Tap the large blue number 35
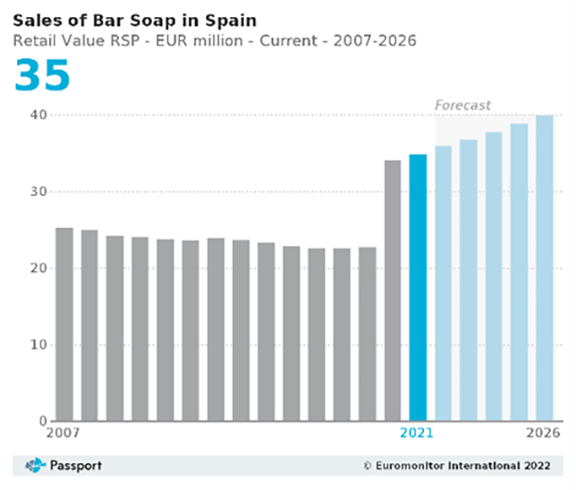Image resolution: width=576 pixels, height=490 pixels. tap(42, 76)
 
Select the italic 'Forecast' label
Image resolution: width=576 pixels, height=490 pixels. tap(462, 105)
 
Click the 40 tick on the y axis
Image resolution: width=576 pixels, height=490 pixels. tap(36, 115)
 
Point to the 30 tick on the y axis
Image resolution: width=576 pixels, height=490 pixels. tap(36, 192)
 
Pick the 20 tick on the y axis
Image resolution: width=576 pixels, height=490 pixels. tap(36, 269)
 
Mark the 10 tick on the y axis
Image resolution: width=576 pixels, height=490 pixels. tap(36, 345)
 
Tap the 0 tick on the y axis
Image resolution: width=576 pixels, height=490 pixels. tap(40, 422)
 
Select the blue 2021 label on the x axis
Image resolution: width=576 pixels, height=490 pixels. tap(416, 433)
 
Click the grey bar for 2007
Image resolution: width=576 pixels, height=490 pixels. tap(64, 324)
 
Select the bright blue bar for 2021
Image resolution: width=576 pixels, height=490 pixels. tap(417, 287)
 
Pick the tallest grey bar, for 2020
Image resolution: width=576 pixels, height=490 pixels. tap(393, 291)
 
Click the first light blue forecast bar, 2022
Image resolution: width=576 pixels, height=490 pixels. tap(443, 284)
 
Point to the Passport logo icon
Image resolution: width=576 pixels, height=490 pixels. tap(35, 465)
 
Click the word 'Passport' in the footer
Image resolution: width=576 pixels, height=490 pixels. tap(76, 465)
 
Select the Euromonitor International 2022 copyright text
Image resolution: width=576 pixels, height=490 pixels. tap(456, 465)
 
